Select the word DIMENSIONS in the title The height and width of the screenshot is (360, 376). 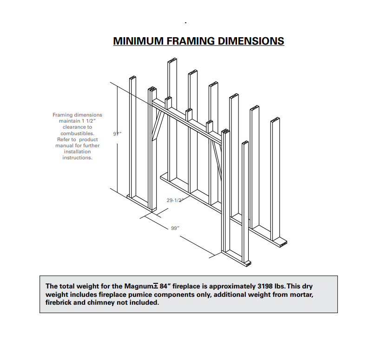tap(248, 41)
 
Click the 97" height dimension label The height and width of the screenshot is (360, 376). tap(117, 134)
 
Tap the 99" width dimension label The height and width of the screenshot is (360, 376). tap(175, 228)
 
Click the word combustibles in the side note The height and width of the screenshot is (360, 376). tap(77, 133)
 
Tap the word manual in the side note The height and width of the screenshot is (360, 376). tap(65, 145)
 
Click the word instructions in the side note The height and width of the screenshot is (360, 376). tap(77, 157)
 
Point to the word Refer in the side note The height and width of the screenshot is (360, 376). tap(64, 139)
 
